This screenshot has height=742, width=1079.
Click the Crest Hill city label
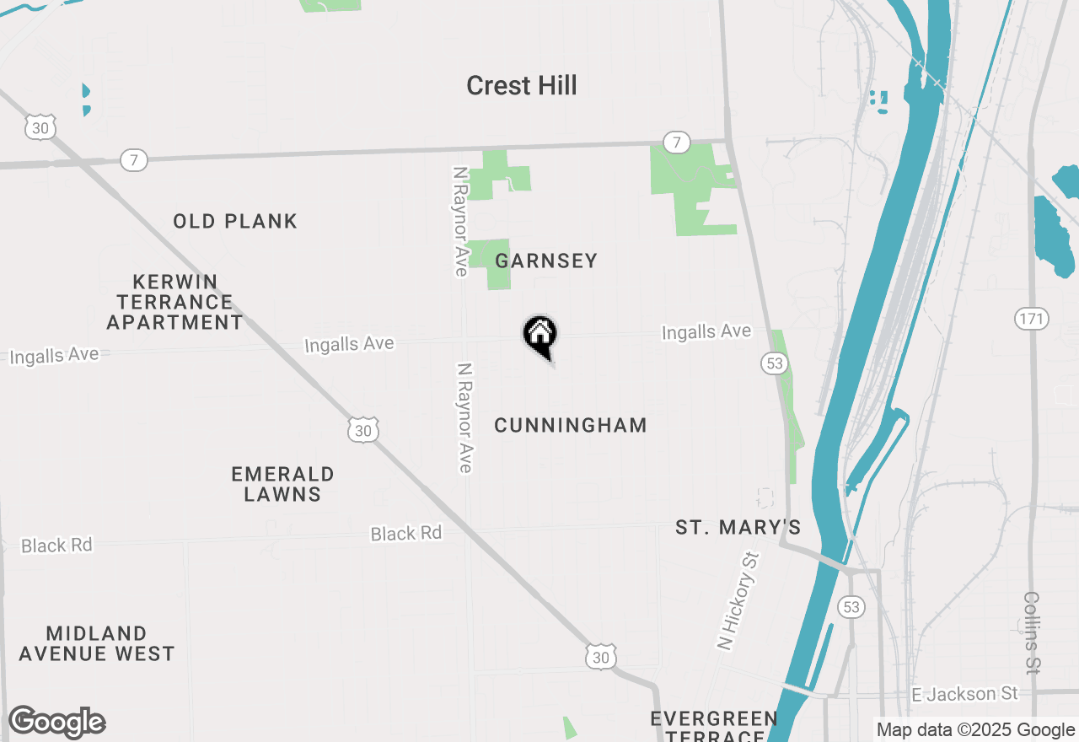click(521, 86)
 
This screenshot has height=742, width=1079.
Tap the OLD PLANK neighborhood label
click(235, 222)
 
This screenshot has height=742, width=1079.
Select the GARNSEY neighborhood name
click(546, 261)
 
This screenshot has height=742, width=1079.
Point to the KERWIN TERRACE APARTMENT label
click(175, 302)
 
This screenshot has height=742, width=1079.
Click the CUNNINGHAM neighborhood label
click(571, 426)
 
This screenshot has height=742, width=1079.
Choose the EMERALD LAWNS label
click(282, 484)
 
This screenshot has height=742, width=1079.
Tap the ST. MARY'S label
click(738, 528)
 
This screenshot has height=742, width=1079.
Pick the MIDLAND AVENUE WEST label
click(96, 643)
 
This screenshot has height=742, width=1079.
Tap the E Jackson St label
click(965, 694)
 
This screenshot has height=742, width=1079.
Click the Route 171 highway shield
click(1031, 319)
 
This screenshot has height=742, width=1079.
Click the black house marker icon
click(540, 336)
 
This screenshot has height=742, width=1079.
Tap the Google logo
click(56, 723)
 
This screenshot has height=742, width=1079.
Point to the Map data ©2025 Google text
click(975, 730)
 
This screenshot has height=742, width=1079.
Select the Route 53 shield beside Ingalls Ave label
click(774, 363)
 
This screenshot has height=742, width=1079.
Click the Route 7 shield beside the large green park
click(676, 142)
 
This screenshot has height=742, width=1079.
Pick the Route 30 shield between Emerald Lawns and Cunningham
click(362, 431)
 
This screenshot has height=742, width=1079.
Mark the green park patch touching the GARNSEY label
click(489, 264)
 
